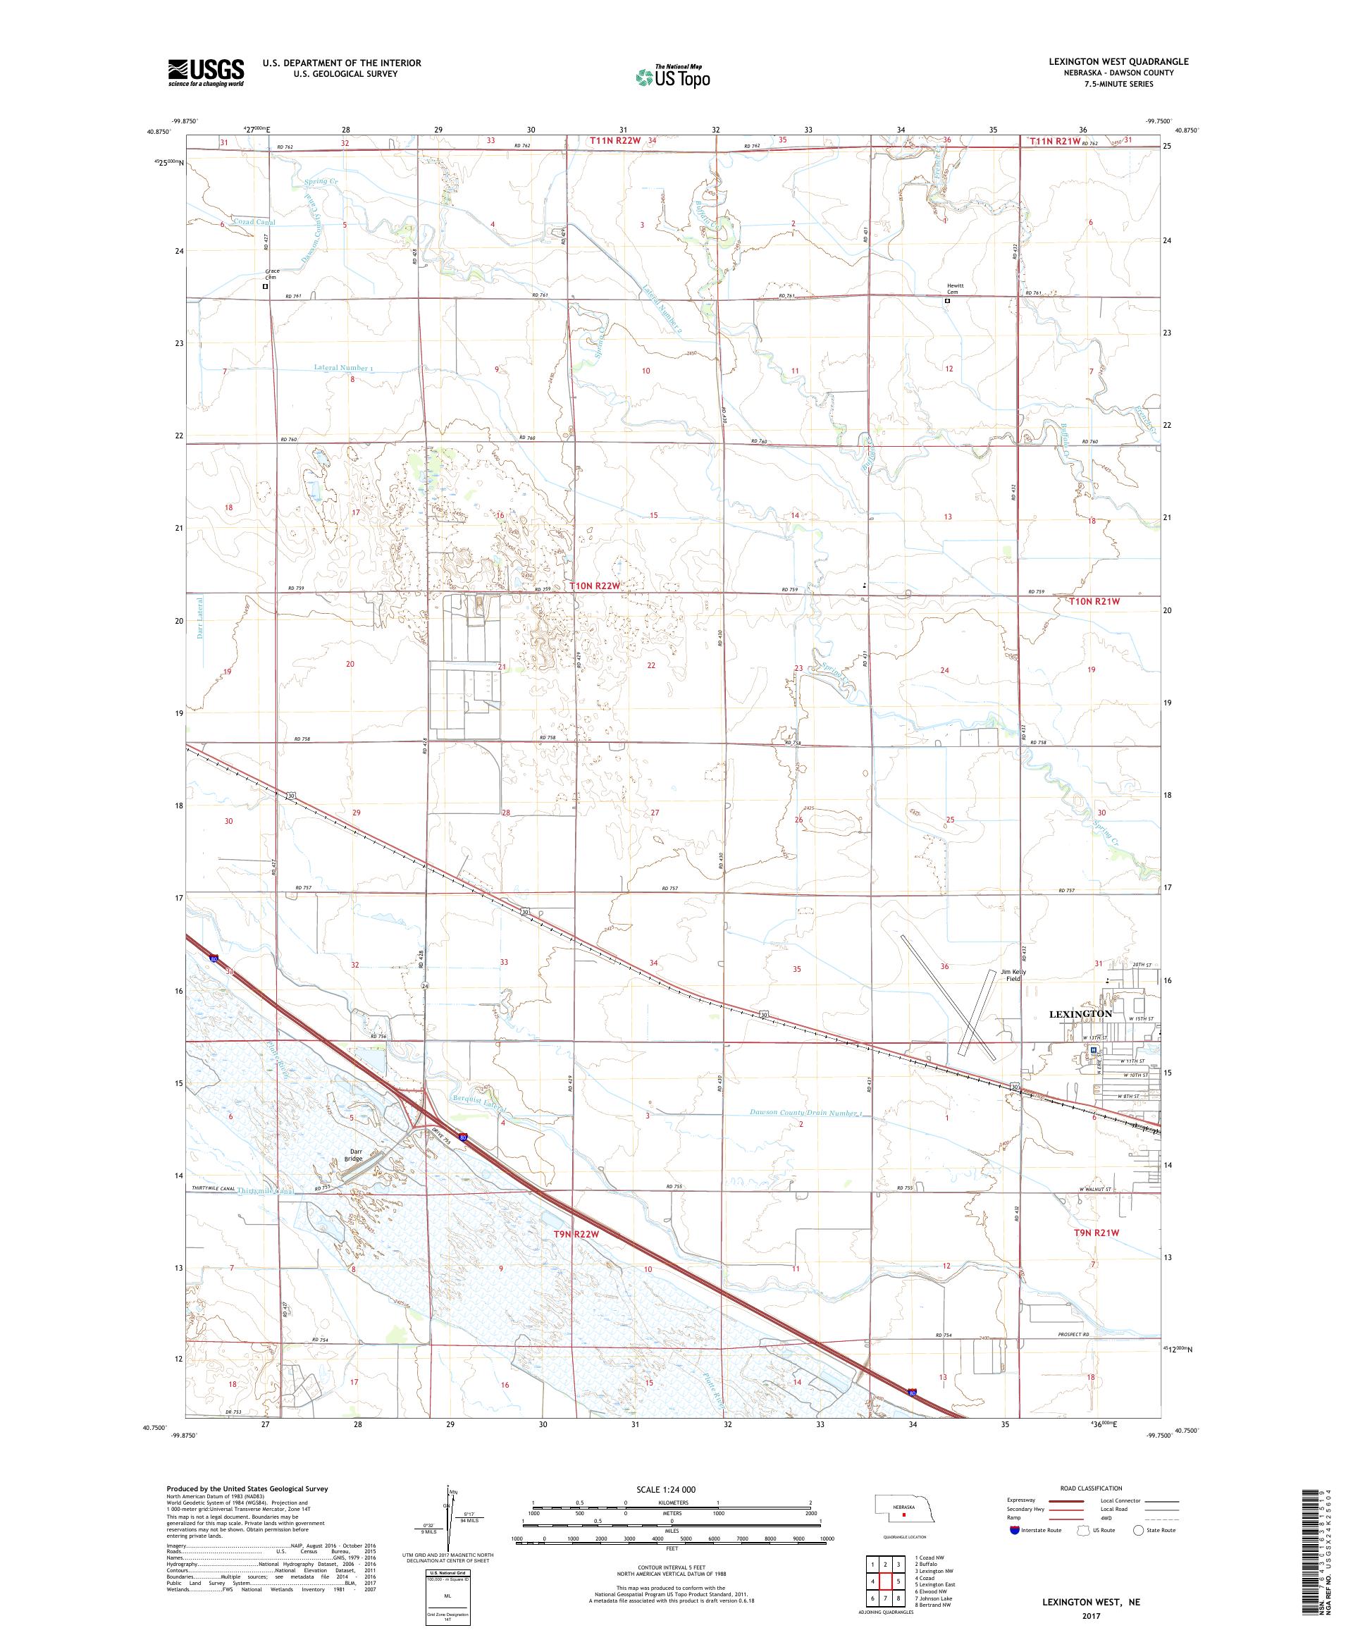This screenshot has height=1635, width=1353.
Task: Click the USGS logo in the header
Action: click(206, 73)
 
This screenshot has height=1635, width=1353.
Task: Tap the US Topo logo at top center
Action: click(674, 76)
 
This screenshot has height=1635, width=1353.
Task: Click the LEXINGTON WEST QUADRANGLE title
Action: click(1118, 61)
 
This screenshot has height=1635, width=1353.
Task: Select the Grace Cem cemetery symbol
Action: click(266, 285)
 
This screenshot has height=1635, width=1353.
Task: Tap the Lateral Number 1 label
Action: click(343, 366)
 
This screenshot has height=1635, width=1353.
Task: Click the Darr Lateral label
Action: click(200, 619)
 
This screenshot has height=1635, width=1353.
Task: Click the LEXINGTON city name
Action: click(1080, 1013)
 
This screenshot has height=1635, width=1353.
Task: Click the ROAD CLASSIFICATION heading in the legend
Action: click(1091, 1488)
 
